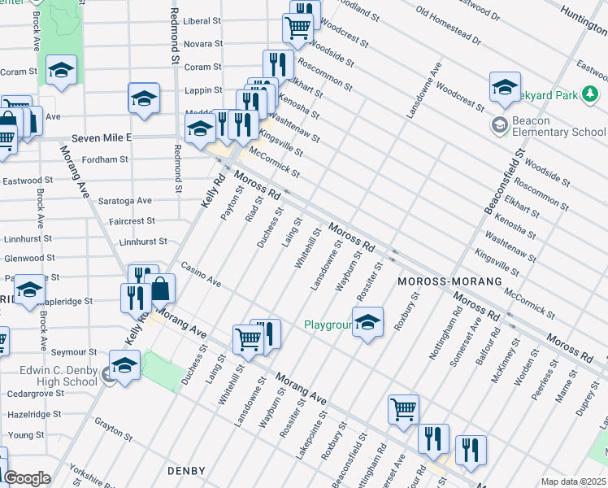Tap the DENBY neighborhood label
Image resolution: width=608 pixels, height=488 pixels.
188,471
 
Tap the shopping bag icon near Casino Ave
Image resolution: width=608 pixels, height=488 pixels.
162,290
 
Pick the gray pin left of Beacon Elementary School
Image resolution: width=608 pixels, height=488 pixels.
498,125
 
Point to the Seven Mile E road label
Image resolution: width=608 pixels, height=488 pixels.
101,138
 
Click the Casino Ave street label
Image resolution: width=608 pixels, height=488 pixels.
202,274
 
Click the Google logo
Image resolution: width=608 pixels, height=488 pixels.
27,477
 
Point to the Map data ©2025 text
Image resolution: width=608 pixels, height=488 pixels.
574,481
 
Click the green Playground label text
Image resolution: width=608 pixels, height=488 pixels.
328,325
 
